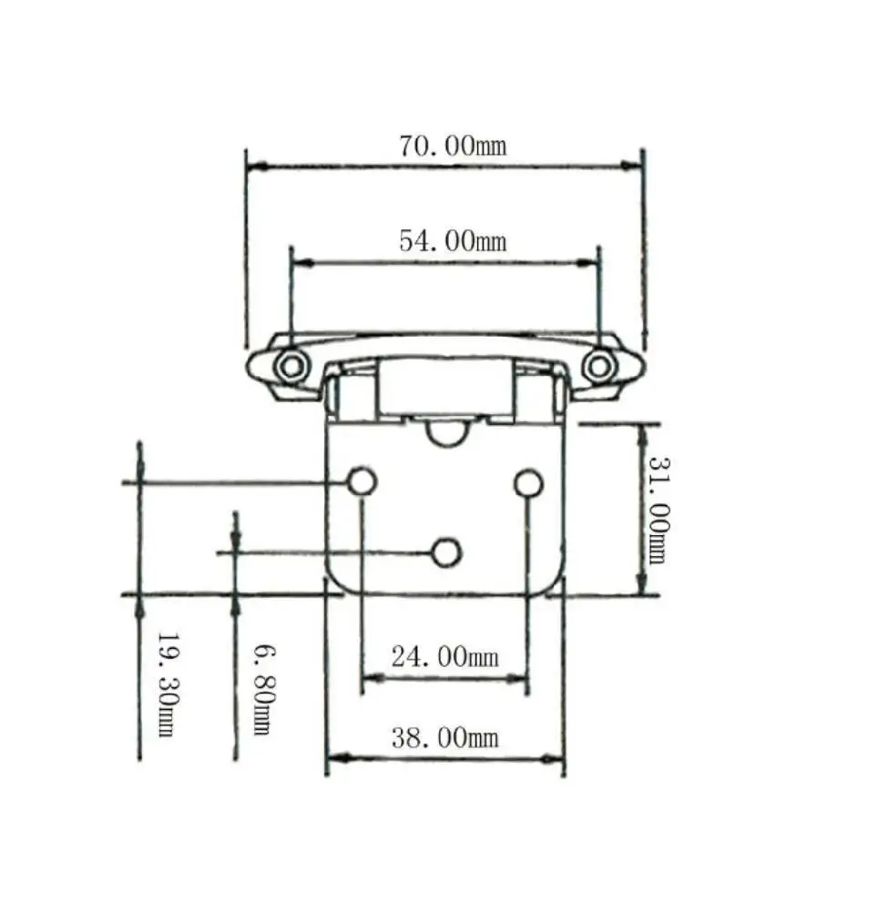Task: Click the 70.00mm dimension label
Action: [x=452, y=146]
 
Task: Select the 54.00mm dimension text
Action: [x=452, y=241]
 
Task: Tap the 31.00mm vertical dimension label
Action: [x=658, y=510]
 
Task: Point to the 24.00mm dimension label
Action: [x=444, y=656]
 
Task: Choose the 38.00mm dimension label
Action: [x=444, y=737]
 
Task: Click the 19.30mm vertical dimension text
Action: [x=166, y=684]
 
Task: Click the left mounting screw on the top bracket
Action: [x=291, y=367]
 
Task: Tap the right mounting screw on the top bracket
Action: [x=598, y=367]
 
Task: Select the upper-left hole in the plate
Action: [x=362, y=482]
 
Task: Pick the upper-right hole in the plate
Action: [x=528, y=483]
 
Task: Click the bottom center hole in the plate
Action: [x=446, y=552]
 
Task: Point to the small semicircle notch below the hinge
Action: [x=446, y=434]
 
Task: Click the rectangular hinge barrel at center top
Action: [x=446, y=387]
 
